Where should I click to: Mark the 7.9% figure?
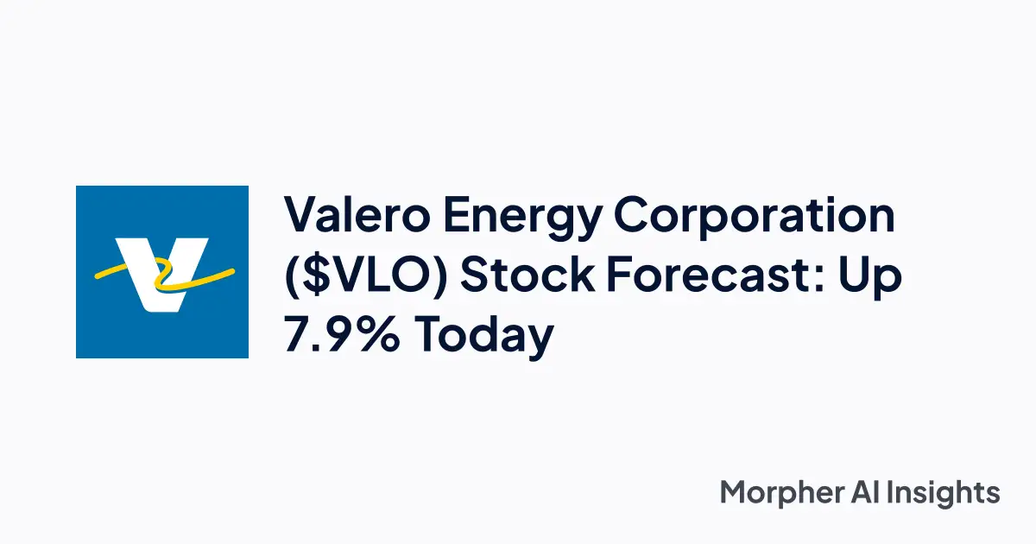click(341, 335)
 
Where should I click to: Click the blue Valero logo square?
click(162, 272)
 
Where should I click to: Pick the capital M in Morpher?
click(734, 493)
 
